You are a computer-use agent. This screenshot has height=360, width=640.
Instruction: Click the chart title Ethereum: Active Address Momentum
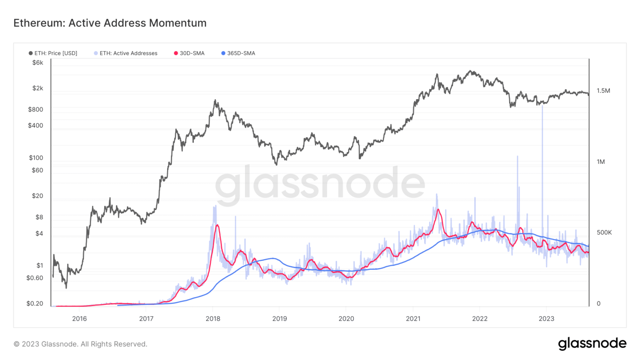click(110, 23)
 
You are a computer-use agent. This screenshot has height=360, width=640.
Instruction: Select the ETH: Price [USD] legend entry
click(53, 53)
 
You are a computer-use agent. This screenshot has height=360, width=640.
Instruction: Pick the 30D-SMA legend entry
click(189, 53)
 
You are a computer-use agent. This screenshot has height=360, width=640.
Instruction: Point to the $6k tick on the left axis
click(37, 62)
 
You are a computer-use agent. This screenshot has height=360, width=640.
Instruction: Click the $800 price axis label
click(35, 110)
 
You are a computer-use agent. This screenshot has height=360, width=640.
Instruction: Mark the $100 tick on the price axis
click(36, 157)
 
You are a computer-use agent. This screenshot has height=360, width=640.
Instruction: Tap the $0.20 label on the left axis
click(35, 303)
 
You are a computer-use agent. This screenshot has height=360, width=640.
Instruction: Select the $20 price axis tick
click(37, 196)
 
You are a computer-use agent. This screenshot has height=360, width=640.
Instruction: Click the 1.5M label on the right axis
click(603, 90)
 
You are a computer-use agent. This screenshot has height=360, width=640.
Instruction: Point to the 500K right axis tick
click(604, 232)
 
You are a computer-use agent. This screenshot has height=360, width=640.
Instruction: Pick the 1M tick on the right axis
click(600, 162)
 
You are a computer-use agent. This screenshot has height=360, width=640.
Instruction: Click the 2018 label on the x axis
click(213, 319)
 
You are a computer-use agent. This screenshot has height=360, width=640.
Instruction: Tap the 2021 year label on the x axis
click(413, 319)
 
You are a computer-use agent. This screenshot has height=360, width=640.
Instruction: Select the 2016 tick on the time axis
click(80, 319)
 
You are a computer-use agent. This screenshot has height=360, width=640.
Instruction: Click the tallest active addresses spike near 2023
click(542, 107)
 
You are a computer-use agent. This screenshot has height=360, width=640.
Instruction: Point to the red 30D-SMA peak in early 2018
click(217, 225)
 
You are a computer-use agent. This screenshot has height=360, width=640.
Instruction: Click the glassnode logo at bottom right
click(592, 343)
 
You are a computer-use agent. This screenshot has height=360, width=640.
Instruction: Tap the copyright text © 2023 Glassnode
click(80, 344)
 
